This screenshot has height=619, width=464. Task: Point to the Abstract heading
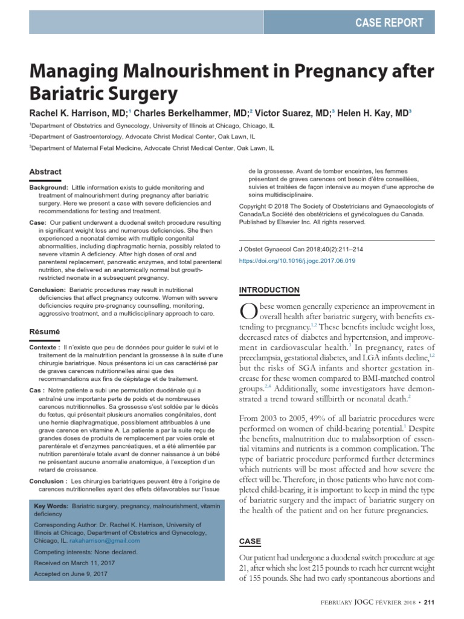tap(45, 172)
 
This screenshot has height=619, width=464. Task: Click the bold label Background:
tap(49, 188)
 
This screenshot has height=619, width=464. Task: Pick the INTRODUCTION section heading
tap(269, 290)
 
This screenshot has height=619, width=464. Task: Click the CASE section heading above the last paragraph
tap(250, 540)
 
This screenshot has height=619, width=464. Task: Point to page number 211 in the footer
tap(428, 601)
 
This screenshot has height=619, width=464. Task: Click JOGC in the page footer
tap(369, 601)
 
